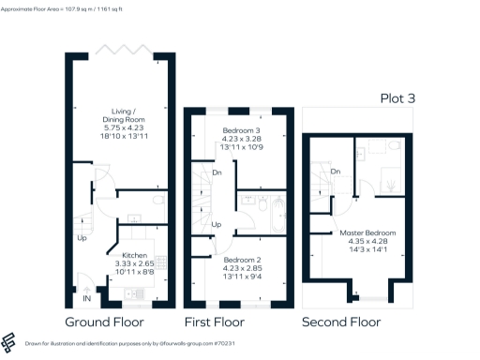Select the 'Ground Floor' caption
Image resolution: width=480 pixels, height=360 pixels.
point(111,322)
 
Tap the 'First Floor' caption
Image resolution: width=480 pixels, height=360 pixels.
point(222,322)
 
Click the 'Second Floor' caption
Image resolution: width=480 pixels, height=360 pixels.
point(341,322)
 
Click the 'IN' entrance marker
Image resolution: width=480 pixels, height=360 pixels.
point(87,298)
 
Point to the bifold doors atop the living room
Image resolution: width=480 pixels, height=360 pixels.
point(120,49)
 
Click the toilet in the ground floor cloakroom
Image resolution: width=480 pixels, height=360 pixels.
point(158,200)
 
